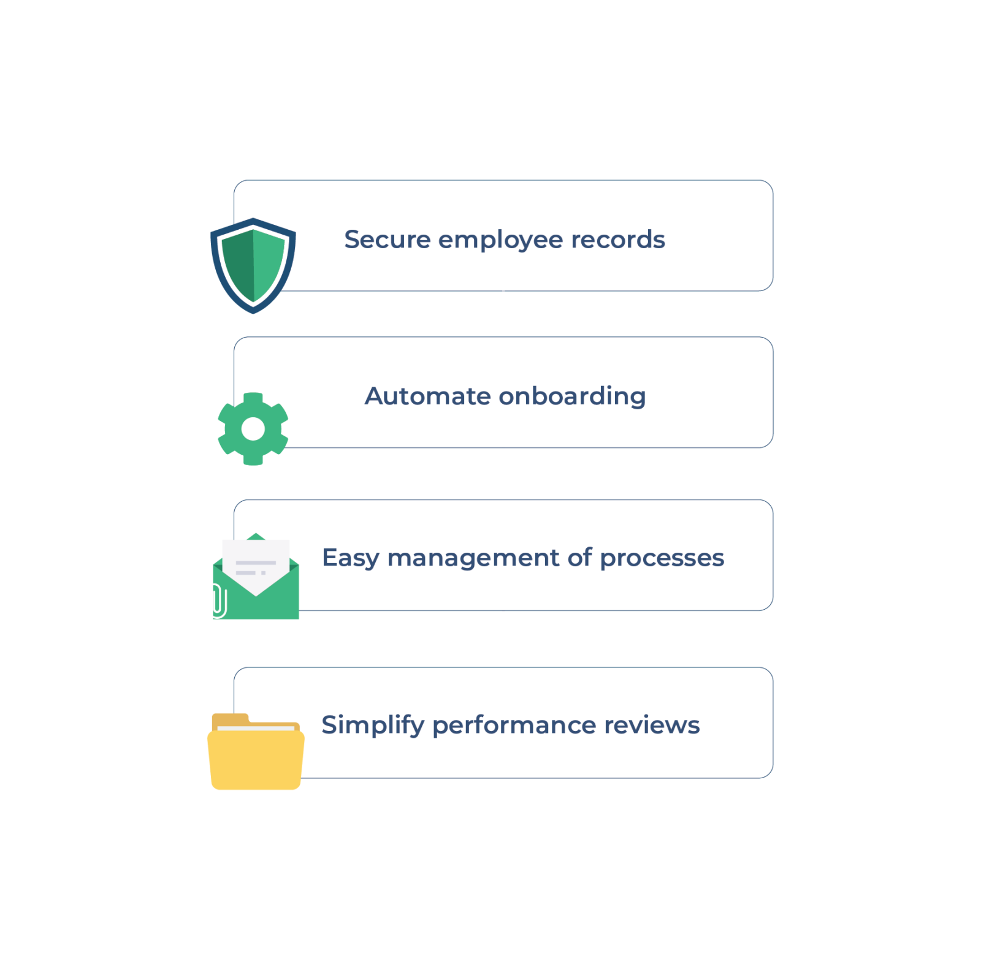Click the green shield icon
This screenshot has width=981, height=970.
253,266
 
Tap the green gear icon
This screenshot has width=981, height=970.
253,429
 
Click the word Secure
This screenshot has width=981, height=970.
387,240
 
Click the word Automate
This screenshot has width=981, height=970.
428,396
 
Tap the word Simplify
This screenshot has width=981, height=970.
373,726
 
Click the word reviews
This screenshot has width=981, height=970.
652,726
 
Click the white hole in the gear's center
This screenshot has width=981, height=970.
253,429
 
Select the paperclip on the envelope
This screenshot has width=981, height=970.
219,601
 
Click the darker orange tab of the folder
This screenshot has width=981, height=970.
230,721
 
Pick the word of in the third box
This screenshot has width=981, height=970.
579,558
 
